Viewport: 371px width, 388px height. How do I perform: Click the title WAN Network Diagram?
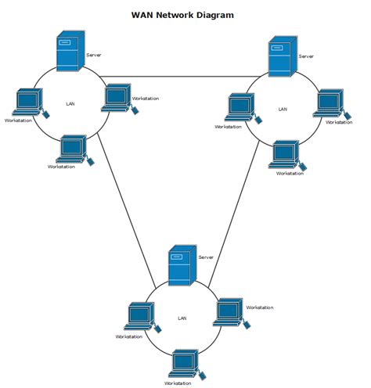pyautogui.click(x=182, y=15)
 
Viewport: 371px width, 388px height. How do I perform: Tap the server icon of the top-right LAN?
pyautogui.click(x=281, y=56)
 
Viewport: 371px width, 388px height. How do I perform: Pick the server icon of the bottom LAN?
pyautogui.click(x=182, y=266)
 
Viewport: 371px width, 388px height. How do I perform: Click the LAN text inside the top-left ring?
pyautogui.click(x=71, y=103)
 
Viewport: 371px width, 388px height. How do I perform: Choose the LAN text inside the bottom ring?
pyautogui.click(x=182, y=318)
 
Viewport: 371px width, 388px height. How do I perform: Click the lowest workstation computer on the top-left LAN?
pyautogui.click(x=74, y=147)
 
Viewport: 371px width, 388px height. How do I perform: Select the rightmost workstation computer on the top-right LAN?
pyautogui.click(x=328, y=103)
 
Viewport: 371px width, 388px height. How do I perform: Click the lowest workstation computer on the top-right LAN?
pyautogui.click(x=286, y=153)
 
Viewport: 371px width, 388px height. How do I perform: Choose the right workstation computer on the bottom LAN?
pyautogui.click(x=229, y=311)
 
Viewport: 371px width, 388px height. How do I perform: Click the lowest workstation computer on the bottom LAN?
pyautogui.click(x=184, y=363)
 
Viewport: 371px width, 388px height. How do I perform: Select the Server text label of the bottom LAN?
pyautogui.click(x=206, y=257)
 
